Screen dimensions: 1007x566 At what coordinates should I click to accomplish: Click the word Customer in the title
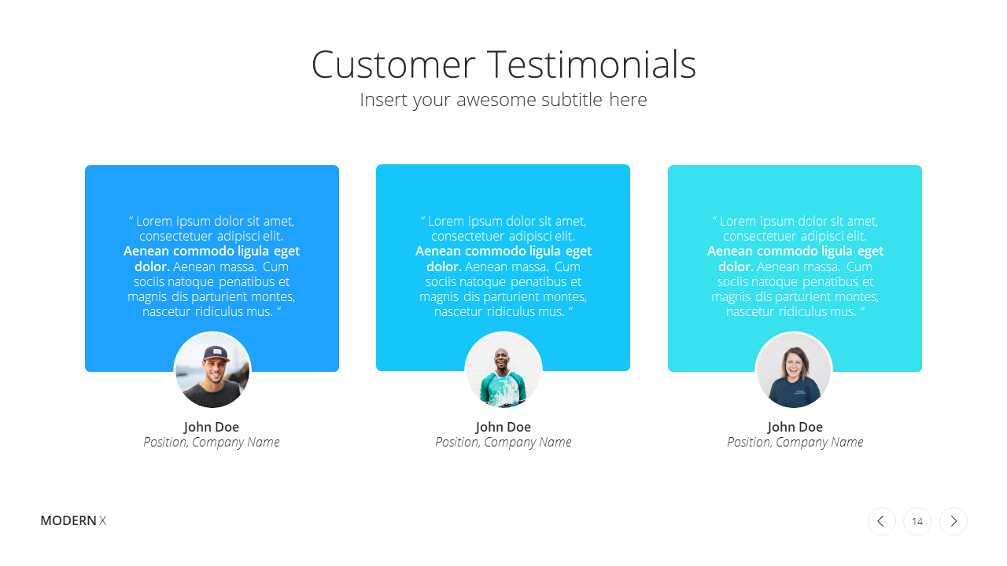393,64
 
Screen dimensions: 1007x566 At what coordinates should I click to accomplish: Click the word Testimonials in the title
592,64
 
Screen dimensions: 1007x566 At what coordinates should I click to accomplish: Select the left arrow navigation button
882,521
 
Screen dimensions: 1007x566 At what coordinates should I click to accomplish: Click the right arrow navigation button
953,521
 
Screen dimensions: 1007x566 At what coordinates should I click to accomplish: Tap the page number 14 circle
917,521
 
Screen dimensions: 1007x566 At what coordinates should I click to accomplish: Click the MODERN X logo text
73,520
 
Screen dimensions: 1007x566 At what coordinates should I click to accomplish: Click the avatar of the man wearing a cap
212,370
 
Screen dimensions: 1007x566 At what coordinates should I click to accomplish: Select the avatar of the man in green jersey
503,370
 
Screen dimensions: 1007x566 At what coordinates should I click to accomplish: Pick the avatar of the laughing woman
794,370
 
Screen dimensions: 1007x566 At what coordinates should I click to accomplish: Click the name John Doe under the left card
212,427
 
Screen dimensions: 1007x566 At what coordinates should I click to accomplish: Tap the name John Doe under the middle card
503,427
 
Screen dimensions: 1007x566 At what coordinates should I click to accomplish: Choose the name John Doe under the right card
795,427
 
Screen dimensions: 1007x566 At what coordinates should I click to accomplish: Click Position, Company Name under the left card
212,443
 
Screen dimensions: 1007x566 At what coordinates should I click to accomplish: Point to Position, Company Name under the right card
795,443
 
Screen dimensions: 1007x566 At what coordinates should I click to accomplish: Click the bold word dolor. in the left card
152,266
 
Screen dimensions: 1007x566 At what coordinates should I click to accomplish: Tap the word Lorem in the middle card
445,222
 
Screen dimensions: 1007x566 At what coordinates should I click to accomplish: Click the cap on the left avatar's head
216,353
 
